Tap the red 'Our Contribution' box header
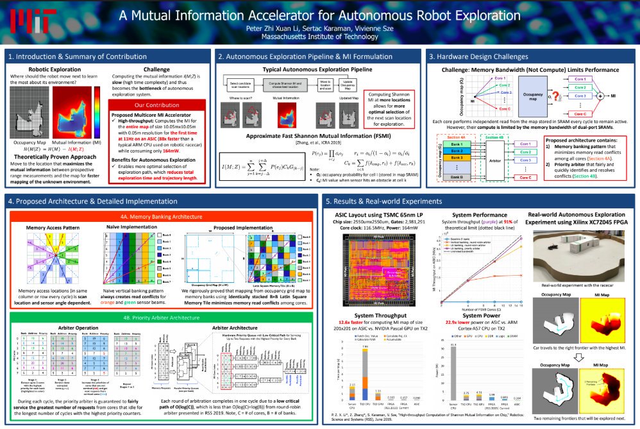pyautogui.click(x=160, y=104)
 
